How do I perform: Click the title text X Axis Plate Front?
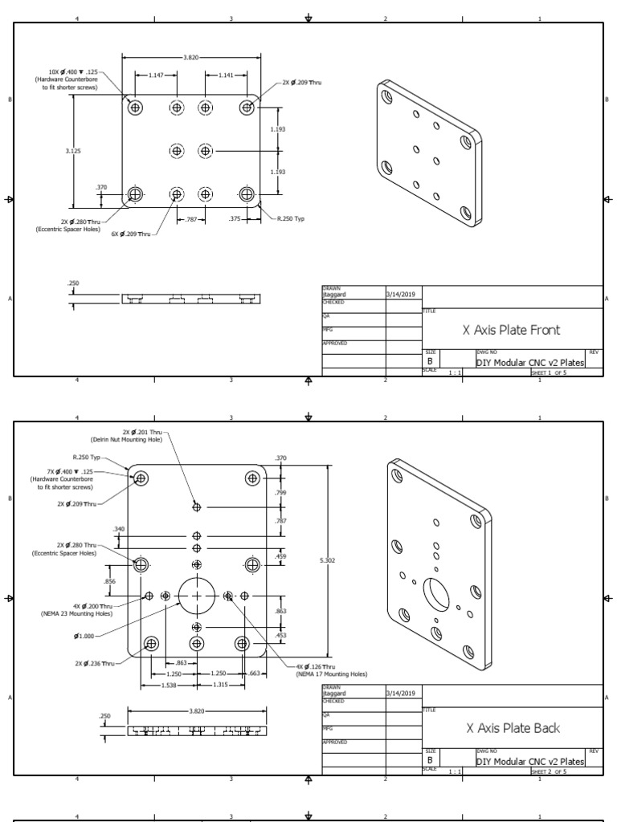pyautogui.click(x=511, y=329)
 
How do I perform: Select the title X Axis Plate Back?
pyautogui.click(x=513, y=728)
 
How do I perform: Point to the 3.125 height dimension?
pyautogui.click(x=72, y=150)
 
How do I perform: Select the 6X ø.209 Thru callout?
pyautogui.click(x=132, y=234)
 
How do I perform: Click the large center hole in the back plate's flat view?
pyautogui.click(x=197, y=596)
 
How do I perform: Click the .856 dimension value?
pyautogui.click(x=109, y=580)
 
